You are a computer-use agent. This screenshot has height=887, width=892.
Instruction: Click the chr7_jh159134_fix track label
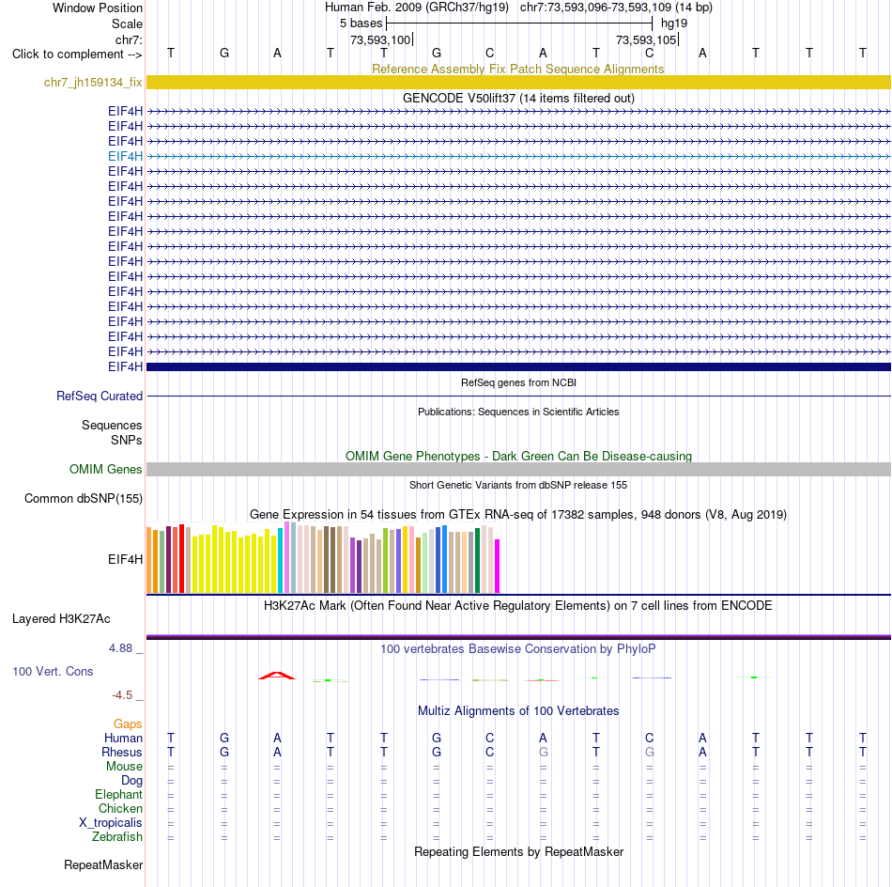pyautogui.click(x=93, y=83)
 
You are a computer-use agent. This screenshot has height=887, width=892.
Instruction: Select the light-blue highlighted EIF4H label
pyautogui.click(x=125, y=156)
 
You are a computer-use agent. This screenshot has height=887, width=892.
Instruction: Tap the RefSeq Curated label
pyautogui.click(x=100, y=396)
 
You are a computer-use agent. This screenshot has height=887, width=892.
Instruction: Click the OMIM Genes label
pyautogui.click(x=106, y=469)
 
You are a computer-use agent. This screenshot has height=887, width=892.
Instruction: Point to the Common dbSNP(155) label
pyautogui.click(x=84, y=498)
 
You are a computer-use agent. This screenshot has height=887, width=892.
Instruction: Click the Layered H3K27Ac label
pyautogui.click(x=61, y=619)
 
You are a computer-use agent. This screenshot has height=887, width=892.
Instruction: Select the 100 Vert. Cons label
pyautogui.click(x=53, y=671)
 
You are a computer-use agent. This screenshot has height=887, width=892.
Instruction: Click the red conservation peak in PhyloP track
pyautogui.click(x=277, y=676)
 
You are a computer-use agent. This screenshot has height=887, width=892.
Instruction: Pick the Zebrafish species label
pyautogui.click(x=117, y=836)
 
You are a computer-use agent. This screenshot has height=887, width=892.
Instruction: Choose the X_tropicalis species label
pyautogui.click(x=111, y=823)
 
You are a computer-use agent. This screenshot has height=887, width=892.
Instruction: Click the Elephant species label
pyautogui.click(x=119, y=794)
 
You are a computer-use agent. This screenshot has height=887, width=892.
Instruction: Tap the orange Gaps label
pyautogui.click(x=128, y=724)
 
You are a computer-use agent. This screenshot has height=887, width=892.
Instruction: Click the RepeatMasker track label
pyautogui.click(x=103, y=864)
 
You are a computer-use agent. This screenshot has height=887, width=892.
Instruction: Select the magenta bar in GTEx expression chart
pyautogui.click(x=498, y=566)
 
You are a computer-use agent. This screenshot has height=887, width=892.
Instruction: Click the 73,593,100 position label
pyautogui.click(x=380, y=39)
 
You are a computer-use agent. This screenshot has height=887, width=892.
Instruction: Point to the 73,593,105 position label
pyautogui.click(x=646, y=39)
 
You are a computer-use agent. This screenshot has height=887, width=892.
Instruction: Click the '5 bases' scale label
pyautogui.click(x=361, y=23)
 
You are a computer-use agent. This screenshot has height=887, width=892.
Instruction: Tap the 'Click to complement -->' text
pyautogui.click(x=77, y=54)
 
